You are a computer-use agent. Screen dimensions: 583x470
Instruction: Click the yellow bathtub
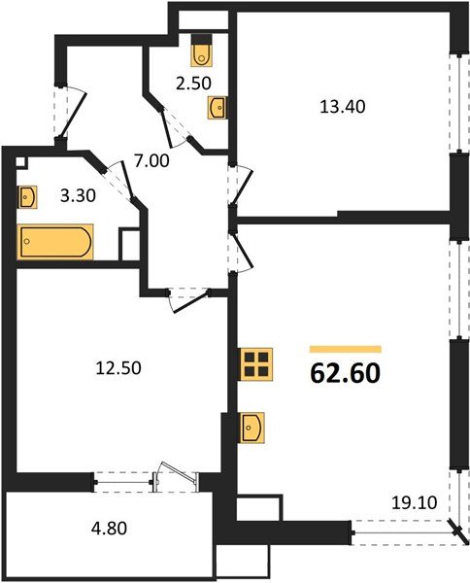(55, 241)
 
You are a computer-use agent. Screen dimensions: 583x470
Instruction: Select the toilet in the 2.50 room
(202, 48)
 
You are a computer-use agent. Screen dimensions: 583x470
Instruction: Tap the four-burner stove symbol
(256, 364)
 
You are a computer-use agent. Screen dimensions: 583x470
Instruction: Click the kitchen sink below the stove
(253, 426)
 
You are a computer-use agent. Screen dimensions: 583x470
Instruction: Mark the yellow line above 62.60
(345, 348)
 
